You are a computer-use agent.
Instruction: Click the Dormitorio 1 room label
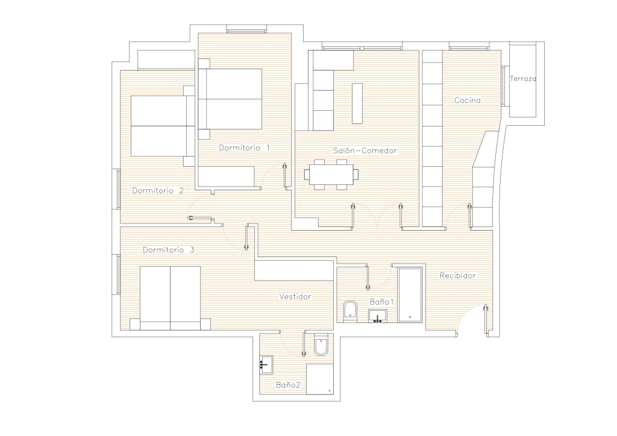tap(245, 148)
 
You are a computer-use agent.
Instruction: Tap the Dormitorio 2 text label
tap(158, 191)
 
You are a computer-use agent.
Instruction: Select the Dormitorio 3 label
tap(169, 250)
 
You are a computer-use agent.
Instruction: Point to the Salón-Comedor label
tap(365, 151)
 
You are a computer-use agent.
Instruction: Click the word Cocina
tap(468, 100)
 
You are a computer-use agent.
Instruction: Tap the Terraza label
tap(523, 79)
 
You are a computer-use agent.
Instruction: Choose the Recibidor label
tap(458, 276)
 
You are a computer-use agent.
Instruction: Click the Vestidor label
tap(295, 296)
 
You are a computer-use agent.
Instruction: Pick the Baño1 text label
tap(381, 302)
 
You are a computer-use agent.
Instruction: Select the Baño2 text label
tap(288, 385)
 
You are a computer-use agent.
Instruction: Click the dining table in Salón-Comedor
tap(331, 174)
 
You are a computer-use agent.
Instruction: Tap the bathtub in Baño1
tap(410, 295)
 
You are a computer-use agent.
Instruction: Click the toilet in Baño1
tap(350, 311)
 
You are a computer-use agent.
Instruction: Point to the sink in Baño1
tap(377, 316)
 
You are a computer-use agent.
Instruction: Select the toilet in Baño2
tap(321, 345)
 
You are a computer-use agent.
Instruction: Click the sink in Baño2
tap(266, 364)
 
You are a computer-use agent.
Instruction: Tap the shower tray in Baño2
tap(320, 379)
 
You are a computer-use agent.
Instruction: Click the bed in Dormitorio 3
tap(170, 299)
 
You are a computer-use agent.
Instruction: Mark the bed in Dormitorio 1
tap(230, 99)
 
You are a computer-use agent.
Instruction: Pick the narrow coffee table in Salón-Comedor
tap(357, 104)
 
